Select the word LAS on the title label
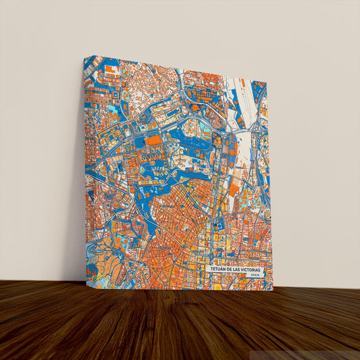(x=240, y=269)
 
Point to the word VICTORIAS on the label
(x=253, y=269)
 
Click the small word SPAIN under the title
(x=254, y=276)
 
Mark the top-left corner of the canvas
(x=84, y=57)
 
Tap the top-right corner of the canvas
(x=267, y=82)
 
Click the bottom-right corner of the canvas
(x=272, y=290)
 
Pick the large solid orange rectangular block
(x=154, y=140)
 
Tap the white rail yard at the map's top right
(x=243, y=95)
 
